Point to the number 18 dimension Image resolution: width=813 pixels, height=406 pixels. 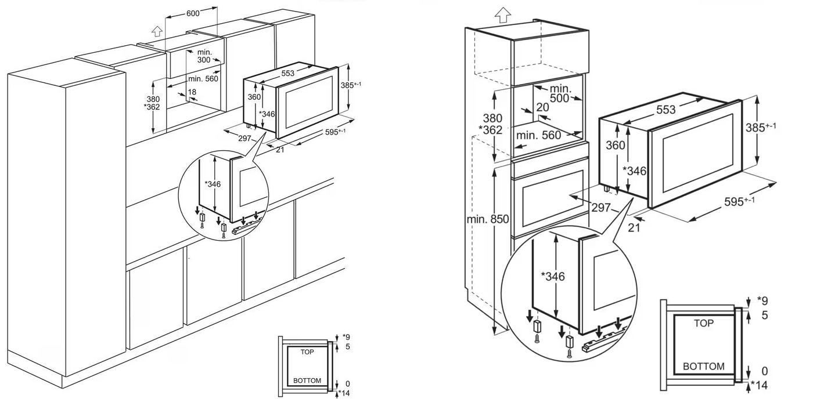[x=192, y=92]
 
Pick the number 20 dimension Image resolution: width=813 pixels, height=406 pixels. [x=542, y=107]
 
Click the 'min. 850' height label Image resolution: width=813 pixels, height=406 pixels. [x=487, y=219]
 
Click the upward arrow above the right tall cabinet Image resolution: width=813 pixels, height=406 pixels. [x=503, y=15]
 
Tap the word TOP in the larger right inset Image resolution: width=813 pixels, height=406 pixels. [x=704, y=324]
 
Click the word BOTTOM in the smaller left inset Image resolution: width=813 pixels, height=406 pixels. [x=307, y=380]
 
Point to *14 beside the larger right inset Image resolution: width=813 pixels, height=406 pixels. [x=760, y=385]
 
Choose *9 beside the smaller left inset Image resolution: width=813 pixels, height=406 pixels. [x=346, y=337]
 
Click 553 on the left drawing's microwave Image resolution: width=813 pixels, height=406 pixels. [x=287, y=74]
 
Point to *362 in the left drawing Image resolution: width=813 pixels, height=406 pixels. [x=152, y=107]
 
